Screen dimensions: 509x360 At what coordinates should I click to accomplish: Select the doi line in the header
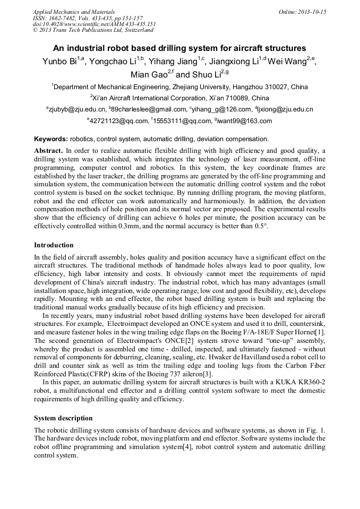94,24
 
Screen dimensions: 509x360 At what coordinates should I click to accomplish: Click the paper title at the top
179,48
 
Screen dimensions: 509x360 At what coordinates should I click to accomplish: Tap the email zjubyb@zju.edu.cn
76,109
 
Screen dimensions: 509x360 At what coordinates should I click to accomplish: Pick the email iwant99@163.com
244,121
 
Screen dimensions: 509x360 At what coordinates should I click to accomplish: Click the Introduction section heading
54,245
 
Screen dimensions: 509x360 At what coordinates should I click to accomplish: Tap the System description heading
63,418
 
